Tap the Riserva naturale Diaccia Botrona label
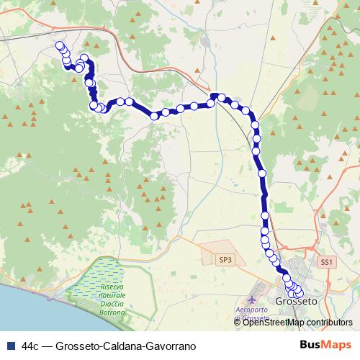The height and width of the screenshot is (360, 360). point(109,300)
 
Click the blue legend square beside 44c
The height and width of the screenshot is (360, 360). point(10,346)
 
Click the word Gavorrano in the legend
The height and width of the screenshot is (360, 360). point(172,346)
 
